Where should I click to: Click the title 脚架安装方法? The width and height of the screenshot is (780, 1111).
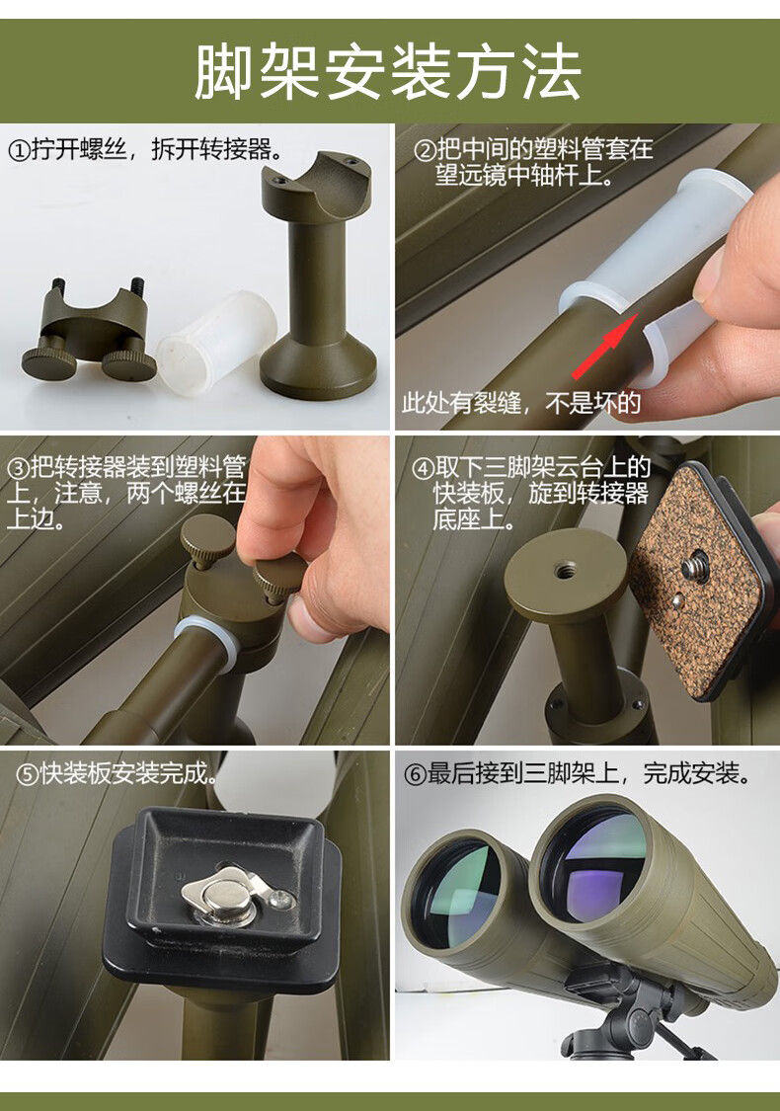(x=388, y=71)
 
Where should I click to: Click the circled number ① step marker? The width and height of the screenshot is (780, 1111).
(x=19, y=150)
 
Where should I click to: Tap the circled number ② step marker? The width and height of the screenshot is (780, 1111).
(x=425, y=150)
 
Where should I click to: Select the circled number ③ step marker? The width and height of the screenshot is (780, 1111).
(x=18, y=468)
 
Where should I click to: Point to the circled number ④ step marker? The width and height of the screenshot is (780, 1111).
(x=423, y=468)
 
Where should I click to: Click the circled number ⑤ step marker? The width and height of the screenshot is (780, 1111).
(x=27, y=773)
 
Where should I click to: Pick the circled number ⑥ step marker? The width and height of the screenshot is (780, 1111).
(x=415, y=773)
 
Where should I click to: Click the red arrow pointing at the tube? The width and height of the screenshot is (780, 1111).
(x=603, y=346)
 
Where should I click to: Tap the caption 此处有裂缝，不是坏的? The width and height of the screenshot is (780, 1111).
(x=521, y=403)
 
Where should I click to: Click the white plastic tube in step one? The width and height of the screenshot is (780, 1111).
(x=215, y=342)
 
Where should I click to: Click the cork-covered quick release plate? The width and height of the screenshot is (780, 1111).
(x=701, y=581)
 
